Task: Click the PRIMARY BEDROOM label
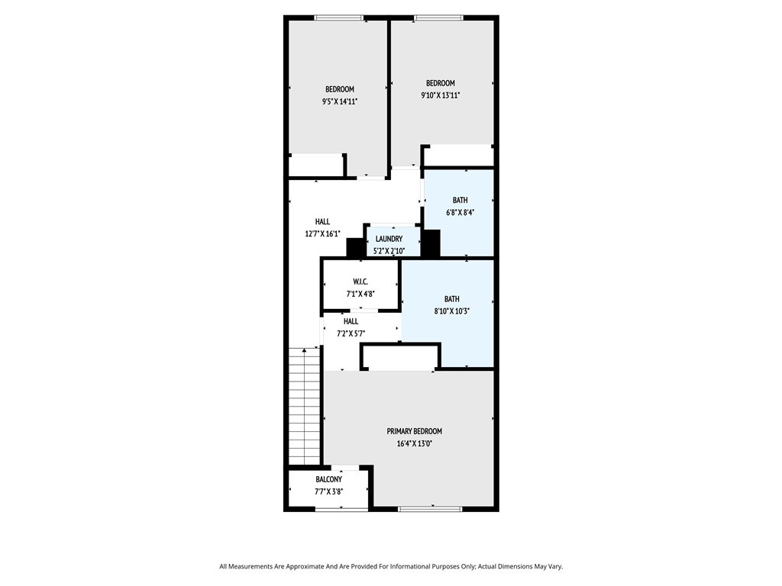click(415, 431)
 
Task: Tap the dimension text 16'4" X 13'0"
click(415, 443)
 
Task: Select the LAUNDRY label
click(389, 239)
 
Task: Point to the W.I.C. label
click(360, 282)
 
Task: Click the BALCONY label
click(328, 479)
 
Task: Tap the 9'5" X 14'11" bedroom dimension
click(340, 101)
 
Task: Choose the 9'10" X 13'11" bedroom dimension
click(441, 95)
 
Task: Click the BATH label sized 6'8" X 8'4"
click(460, 200)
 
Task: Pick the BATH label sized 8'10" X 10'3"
click(452, 299)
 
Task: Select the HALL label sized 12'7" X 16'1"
click(322, 222)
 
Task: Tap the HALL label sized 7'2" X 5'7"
click(351, 321)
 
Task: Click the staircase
click(304, 407)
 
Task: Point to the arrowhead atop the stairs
click(304, 351)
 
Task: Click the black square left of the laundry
click(354, 248)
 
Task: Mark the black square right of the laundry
click(431, 243)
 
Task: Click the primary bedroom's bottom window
click(430, 509)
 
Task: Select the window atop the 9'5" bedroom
click(339, 18)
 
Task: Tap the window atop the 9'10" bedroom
click(438, 18)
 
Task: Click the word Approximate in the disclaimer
click(304, 567)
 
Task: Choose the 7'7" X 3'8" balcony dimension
click(328, 491)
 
